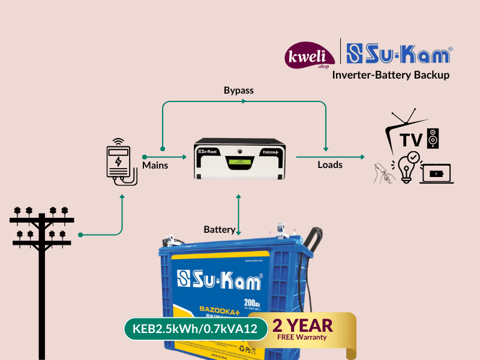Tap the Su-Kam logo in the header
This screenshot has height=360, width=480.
point(400,55)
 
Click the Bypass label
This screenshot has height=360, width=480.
point(239,91)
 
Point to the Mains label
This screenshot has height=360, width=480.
point(155,164)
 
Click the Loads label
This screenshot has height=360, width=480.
point(330,164)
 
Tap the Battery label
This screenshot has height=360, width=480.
point(219,229)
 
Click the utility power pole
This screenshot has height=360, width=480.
point(42,258)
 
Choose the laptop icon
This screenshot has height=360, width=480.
point(437,174)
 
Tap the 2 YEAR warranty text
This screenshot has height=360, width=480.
point(302,325)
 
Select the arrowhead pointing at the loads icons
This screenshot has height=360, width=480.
point(362,157)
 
